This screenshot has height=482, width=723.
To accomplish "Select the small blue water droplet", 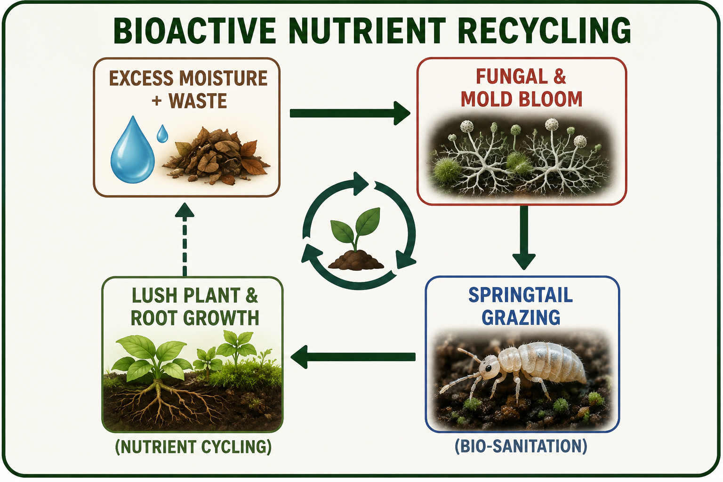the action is pos(162,133).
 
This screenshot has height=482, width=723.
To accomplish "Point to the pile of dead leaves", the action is pos(216,156).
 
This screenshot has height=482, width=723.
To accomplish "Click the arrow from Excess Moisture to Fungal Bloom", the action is pos(350,113).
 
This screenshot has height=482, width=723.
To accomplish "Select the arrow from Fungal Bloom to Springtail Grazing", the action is pos(524,237).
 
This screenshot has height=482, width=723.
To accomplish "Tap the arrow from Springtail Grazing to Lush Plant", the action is pos(353,357).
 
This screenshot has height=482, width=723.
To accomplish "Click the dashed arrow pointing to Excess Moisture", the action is pos(185,240).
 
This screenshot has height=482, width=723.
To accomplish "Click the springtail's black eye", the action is pos(488,368).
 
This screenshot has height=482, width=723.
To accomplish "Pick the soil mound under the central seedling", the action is pos(356,260).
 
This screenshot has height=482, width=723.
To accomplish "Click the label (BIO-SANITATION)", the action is pos(521,446).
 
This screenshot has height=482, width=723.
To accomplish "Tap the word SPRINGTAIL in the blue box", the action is pos(521,295).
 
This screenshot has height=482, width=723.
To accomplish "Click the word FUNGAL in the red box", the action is pos(511,77).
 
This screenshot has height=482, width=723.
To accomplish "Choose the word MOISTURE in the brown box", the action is pos(224,78).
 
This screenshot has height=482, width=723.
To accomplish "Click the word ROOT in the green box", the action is pos(154,318).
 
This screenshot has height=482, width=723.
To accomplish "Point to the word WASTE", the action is pos(198,101).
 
